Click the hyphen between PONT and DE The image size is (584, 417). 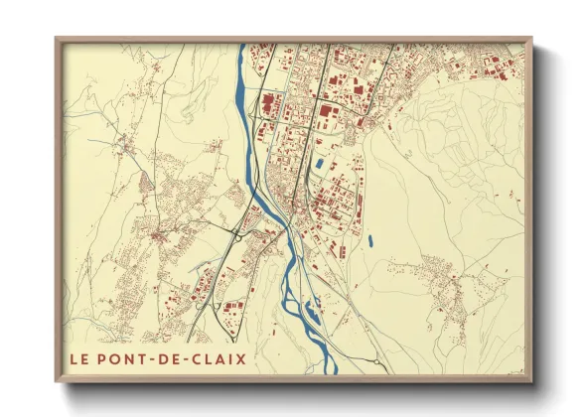point(159,354)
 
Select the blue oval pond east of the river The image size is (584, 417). point(369,239)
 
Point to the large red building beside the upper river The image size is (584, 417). point(266,101)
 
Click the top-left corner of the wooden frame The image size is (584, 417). point(56,39)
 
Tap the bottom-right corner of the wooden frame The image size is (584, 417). point(532,381)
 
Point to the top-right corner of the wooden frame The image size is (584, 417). point(532,39)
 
